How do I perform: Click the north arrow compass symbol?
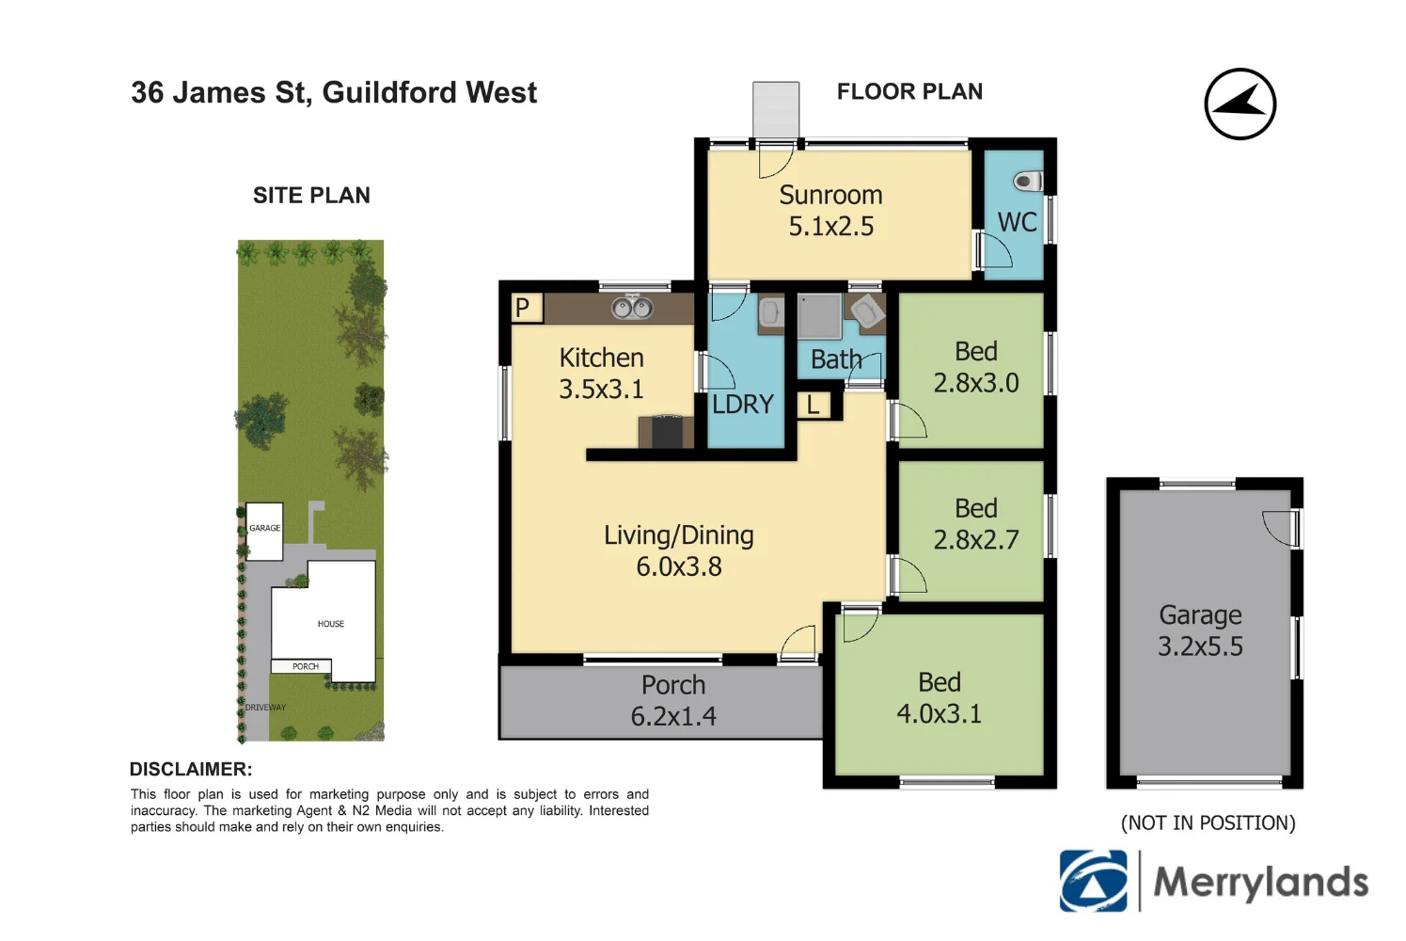tap(1240, 104)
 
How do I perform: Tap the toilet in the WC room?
tap(1028, 180)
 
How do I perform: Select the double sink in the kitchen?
tap(632, 308)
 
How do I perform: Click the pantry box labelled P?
tap(525, 308)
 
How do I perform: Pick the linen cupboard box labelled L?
tap(814, 406)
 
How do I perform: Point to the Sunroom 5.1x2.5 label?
tap(831, 211)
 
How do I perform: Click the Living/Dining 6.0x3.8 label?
tap(678, 550)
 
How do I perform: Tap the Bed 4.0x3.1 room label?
tap(939, 698)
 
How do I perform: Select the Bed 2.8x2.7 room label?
tap(976, 524)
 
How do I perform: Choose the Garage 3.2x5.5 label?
tap(1200, 630)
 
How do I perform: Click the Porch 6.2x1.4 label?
tap(673, 700)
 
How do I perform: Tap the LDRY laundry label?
tap(742, 405)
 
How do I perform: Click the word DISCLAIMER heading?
tap(191, 769)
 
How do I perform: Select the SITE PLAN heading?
tap(311, 196)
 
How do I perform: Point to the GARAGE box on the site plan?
tap(264, 531)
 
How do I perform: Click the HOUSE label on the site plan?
tap(330, 624)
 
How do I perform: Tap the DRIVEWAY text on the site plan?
tap(265, 708)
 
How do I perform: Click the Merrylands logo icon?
tap(1093, 882)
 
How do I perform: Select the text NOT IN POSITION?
tap(1208, 823)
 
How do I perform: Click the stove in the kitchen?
tap(667, 432)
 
